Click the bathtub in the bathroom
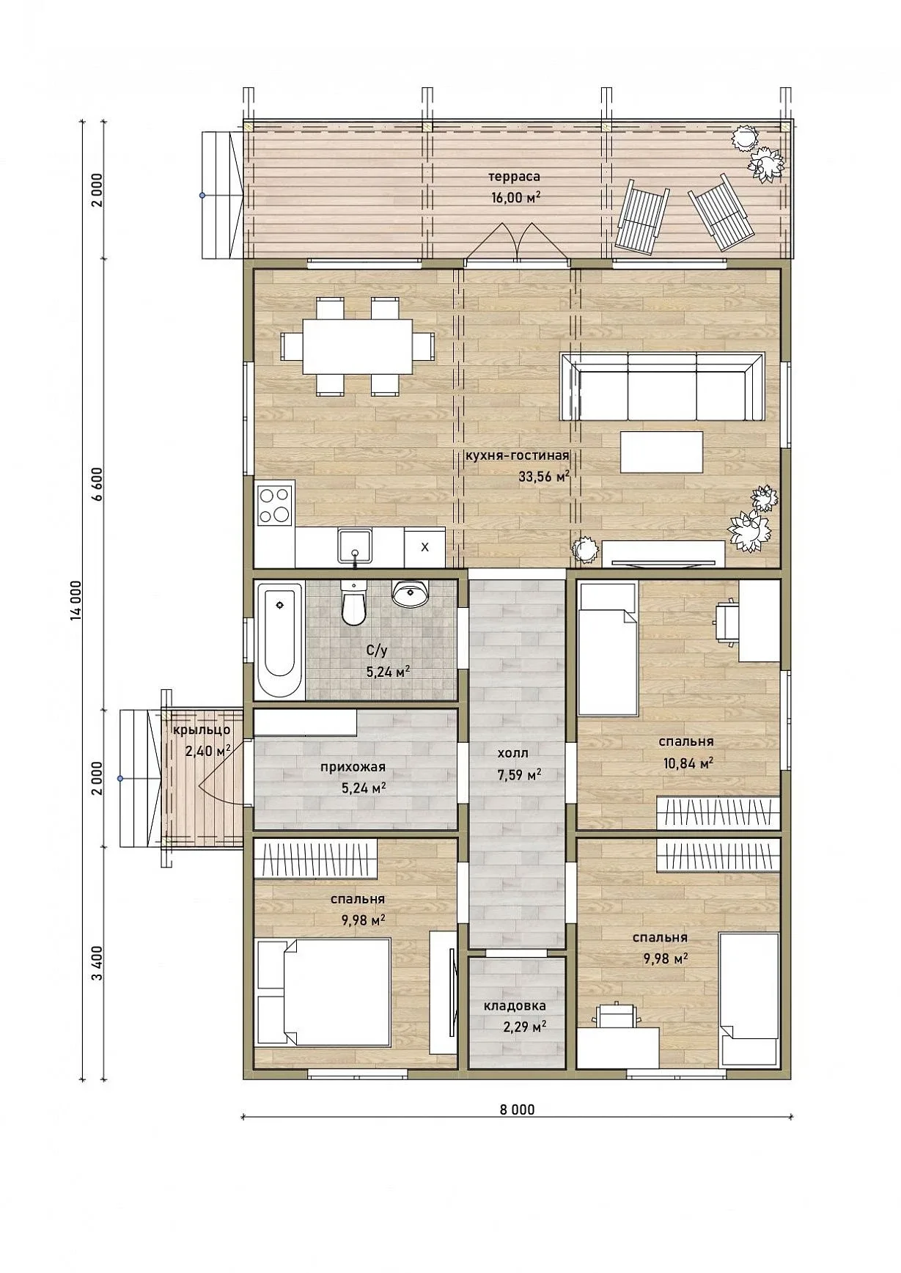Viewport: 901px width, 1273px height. tap(279, 640)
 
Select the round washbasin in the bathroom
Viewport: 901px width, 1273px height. tap(411, 594)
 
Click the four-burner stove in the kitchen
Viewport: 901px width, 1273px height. tap(275, 505)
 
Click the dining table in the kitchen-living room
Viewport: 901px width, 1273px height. tap(357, 345)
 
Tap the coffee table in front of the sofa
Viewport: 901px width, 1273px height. tap(661, 452)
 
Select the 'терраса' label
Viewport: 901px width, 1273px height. tap(515, 177)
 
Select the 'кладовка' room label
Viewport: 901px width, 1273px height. tap(515, 1006)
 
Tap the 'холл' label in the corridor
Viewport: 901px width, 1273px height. tap(512, 753)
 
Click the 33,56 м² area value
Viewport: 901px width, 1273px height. tap(544, 476)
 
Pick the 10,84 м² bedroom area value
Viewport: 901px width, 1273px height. tap(688, 763)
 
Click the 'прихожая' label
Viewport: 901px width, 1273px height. tap(353, 768)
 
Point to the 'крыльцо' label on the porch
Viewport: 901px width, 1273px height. tap(202, 730)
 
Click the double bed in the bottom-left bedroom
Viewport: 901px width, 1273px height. tap(323, 991)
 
